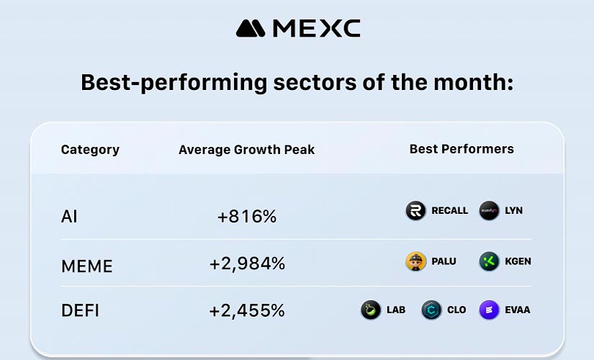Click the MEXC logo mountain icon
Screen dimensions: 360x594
(251, 28)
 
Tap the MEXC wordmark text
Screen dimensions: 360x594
(315, 28)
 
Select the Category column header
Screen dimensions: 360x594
(90, 150)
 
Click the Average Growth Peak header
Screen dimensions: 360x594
(246, 150)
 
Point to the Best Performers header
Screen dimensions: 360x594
(462, 149)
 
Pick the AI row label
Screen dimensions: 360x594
(69, 216)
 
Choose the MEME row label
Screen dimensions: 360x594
(86, 266)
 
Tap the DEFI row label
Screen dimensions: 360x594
(80, 311)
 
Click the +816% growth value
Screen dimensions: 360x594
(247, 216)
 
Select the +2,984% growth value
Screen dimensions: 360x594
(247, 264)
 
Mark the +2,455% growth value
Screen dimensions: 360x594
(247, 311)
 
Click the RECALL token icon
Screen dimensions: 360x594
(415, 211)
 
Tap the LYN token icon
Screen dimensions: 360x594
(489, 211)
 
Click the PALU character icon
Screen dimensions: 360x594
(415, 261)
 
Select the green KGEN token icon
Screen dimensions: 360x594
(489, 261)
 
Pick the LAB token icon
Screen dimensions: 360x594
(371, 310)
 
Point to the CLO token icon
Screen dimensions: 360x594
(431, 310)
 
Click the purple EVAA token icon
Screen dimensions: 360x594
(489, 310)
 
